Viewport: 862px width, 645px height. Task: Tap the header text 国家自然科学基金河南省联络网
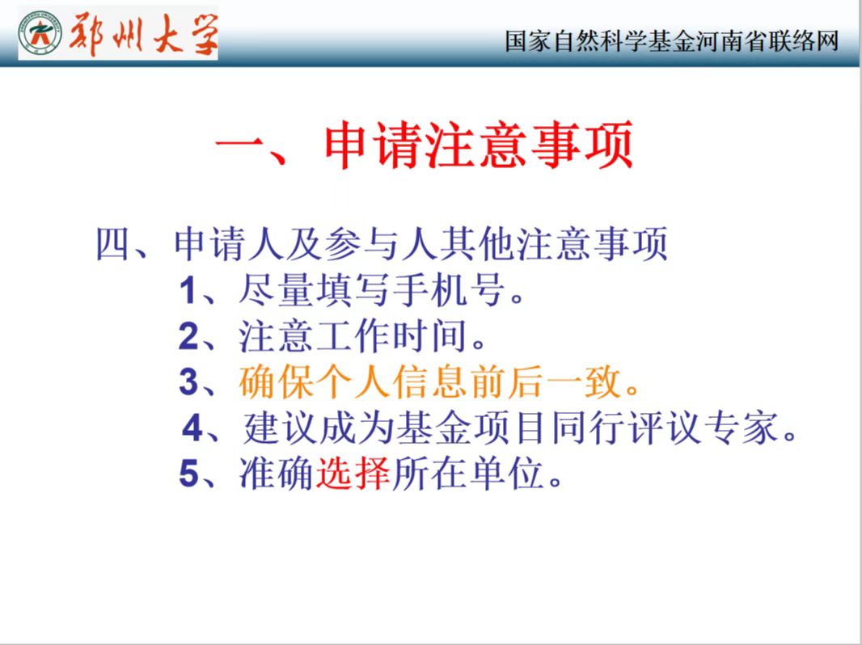[x=672, y=41]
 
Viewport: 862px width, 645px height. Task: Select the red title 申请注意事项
[x=478, y=145]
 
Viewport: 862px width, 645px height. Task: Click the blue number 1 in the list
[x=188, y=291]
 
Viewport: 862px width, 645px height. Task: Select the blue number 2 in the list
[x=188, y=336]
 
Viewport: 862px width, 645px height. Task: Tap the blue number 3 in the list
[x=188, y=382]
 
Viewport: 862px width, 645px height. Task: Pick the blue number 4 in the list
[x=192, y=428]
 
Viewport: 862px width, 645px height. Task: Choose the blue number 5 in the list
[x=188, y=473]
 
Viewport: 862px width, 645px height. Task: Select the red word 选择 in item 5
[x=353, y=473]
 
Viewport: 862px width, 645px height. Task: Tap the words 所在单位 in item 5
[x=468, y=473]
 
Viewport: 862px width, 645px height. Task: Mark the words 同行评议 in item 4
[x=626, y=428]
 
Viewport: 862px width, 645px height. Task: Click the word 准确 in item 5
[x=277, y=473]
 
